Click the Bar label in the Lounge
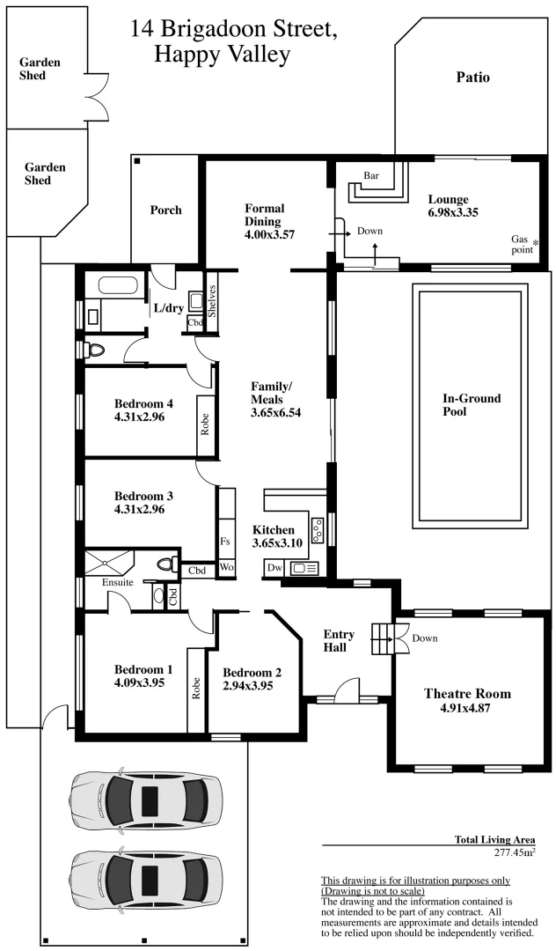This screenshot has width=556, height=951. [371, 175]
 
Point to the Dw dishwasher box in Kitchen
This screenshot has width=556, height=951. [274, 569]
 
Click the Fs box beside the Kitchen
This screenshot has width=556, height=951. [225, 541]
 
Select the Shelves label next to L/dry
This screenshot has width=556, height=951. [212, 302]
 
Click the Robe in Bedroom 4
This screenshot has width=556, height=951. [206, 426]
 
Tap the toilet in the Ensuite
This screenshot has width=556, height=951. [163, 564]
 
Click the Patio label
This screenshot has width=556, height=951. [472, 77]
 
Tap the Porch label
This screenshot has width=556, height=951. [165, 210]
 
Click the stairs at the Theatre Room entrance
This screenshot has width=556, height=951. [381, 637]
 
